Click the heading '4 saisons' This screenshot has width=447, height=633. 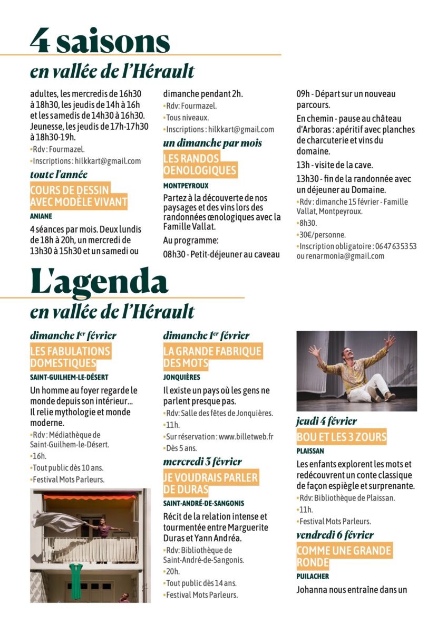100,41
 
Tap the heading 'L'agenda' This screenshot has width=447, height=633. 99,282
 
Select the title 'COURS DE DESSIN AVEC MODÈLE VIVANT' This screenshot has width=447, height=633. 79,196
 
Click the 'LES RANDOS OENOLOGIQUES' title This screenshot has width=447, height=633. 200,164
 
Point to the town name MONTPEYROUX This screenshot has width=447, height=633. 186,186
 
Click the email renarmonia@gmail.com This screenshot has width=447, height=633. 341,256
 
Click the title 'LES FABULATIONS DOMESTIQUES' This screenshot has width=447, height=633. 71,357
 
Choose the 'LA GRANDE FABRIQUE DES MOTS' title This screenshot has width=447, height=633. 212,357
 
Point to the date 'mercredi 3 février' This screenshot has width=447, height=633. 202,462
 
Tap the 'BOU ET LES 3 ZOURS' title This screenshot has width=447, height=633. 342,437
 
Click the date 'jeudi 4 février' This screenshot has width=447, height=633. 327,421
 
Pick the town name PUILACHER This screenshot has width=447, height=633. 313,577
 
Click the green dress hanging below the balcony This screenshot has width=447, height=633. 76,580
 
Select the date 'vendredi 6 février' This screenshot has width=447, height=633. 335,535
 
